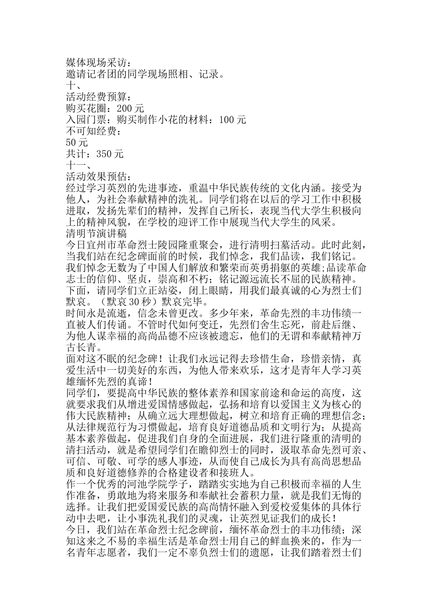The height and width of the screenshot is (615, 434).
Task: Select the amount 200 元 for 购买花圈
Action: point(131,108)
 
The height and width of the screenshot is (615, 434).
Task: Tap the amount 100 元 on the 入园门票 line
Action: point(233,120)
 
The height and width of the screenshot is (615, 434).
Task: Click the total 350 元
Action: point(110,154)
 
